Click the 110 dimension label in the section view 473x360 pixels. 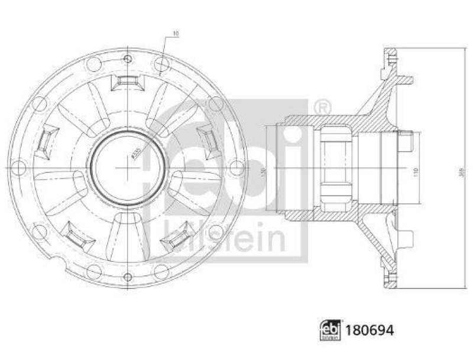[x=416, y=172]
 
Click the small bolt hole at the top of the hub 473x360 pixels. [x=128, y=58]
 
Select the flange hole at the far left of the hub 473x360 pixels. [x=18, y=167]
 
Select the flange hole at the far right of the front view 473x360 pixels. [x=237, y=168]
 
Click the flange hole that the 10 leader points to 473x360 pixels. [x=161, y=64]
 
